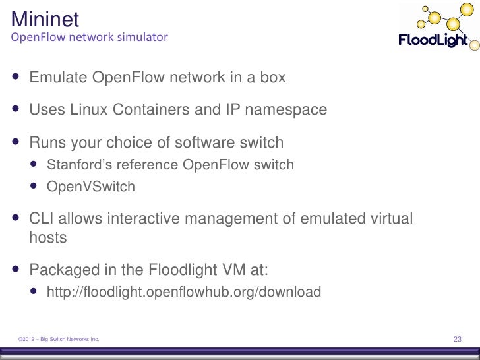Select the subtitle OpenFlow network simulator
pos(89,37)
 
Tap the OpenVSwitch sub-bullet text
pos(90,187)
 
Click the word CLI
pos(42,218)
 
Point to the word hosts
pos(48,237)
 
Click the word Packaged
pos(63,269)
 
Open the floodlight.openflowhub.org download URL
pos(183,291)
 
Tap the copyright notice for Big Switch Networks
pos(59,339)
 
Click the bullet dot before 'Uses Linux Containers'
pos(15,109)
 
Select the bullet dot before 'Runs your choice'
pos(15,142)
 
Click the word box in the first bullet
pos(273,78)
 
